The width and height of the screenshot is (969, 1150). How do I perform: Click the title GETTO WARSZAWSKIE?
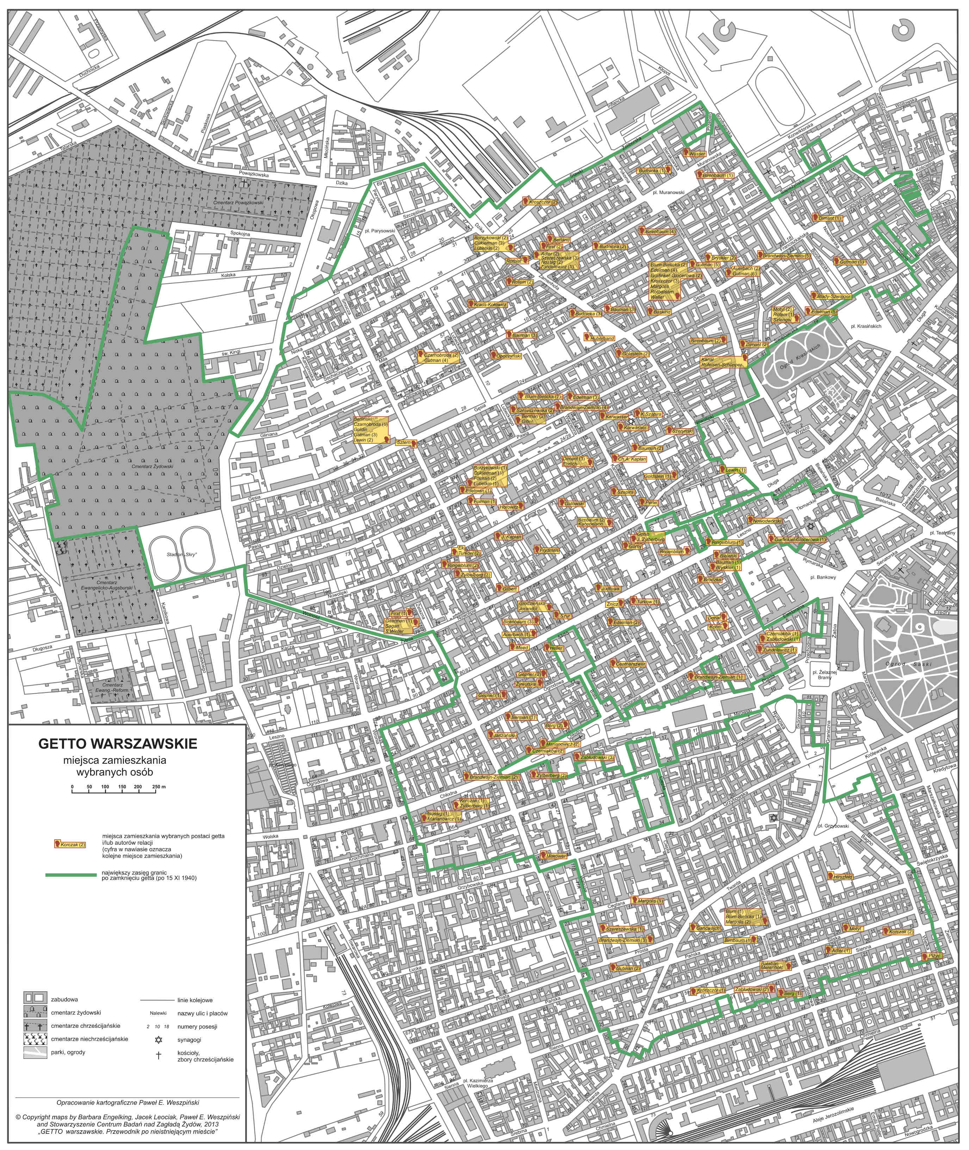tap(118, 744)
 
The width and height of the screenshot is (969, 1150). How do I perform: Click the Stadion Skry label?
tap(181, 555)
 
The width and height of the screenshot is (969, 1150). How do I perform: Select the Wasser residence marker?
tap(695, 154)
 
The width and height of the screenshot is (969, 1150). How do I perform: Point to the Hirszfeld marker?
tap(841, 877)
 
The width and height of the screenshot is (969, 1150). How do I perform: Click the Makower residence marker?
tap(555, 856)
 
